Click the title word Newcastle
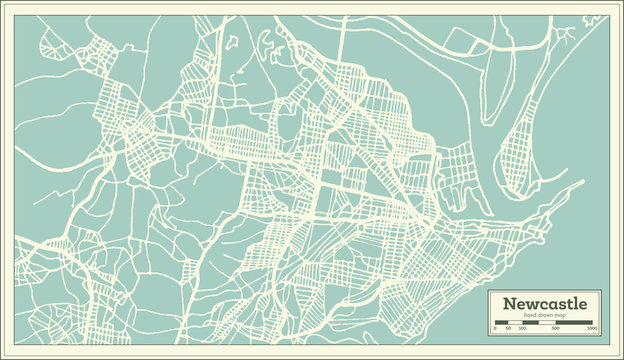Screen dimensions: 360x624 click(x=545, y=303)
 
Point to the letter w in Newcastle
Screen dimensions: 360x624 click(x=531, y=304)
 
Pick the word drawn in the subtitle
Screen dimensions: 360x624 click(x=545, y=315)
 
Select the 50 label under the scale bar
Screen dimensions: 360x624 click(x=508, y=329)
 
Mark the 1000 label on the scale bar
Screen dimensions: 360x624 click(x=592, y=329)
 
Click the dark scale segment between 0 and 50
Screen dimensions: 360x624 click(x=502, y=323)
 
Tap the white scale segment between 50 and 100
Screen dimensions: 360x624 click(x=514, y=323)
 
